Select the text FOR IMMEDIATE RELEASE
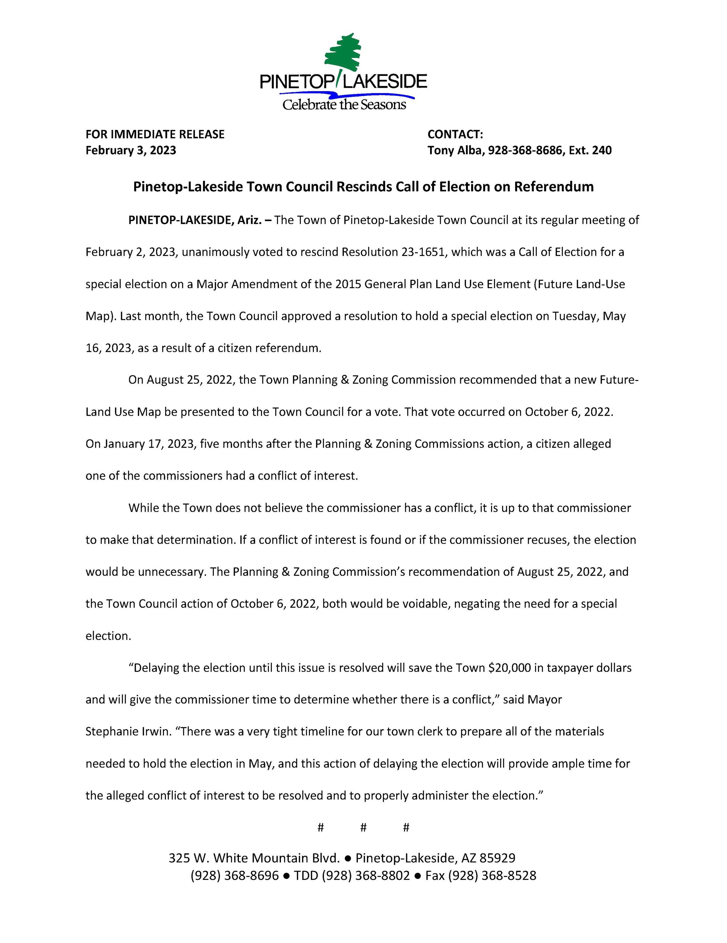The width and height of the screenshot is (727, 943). click(x=155, y=134)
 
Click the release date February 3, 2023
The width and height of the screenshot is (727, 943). click(x=130, y=150)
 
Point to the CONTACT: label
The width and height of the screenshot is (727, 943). click(x=455, y=134)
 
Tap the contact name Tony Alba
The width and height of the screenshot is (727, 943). click(x=455, y=150)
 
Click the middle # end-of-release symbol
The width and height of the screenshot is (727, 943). click(x=363, y=827)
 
